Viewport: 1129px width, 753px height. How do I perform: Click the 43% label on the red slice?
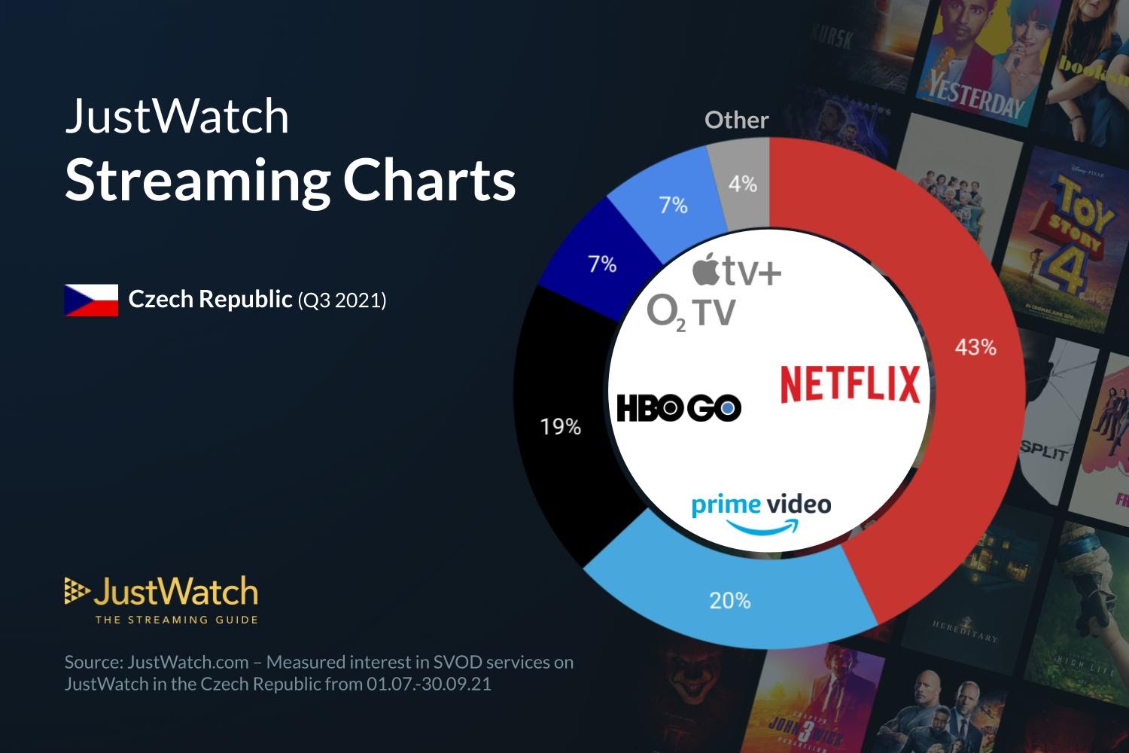pos(975,347)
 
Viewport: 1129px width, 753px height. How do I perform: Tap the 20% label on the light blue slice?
pos(729,600)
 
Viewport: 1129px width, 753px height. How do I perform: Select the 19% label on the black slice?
pos(561,427)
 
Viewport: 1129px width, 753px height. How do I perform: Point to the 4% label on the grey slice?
pos(742,184)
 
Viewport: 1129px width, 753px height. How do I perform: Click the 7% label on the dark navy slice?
pos(602,264)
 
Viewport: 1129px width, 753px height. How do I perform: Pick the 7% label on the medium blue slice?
pos(673,205)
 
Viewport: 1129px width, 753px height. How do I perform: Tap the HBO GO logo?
pos(679,408)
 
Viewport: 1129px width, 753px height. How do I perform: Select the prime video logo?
pos(761,512)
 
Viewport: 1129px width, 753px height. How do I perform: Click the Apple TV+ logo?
pos(737,271)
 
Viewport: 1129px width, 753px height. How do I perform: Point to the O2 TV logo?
pos(691,312)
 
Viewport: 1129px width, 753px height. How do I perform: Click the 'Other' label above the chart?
pos(736,120)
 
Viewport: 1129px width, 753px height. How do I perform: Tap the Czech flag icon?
pos(91,300)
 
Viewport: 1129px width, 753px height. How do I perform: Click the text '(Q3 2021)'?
pos(342,300)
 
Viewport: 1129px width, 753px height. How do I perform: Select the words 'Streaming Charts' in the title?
pos(290,181)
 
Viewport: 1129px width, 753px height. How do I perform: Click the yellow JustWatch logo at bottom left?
pos(161,593)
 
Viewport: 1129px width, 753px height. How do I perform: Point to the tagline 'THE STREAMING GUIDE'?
pos(176,620)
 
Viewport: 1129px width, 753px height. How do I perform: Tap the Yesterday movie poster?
pos(978,64)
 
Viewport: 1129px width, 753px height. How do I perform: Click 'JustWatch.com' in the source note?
pos(188,662)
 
